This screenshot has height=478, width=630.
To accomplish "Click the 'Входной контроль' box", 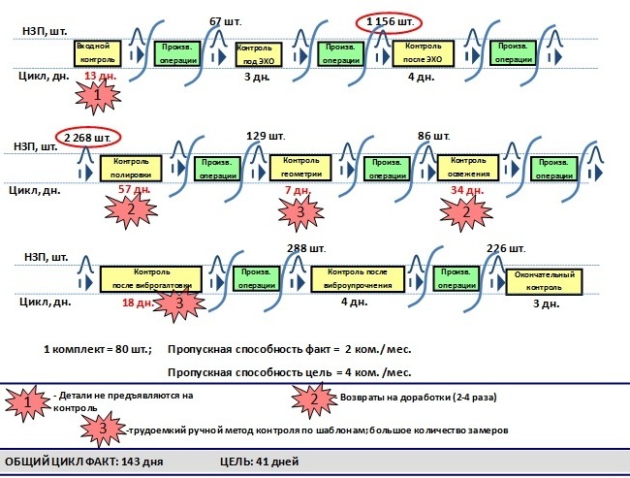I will [x=98, y=52].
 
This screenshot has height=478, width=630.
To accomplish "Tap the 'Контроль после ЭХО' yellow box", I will [x=423, y=52].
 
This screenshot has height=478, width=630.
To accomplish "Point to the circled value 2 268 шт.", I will [x=88, y=137].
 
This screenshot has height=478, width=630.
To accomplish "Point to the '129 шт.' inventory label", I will [x=264, y=135].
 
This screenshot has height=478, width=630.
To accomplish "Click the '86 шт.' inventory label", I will [x=434, y=135].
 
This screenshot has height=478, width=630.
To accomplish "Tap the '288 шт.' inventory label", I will [x=306, y=248].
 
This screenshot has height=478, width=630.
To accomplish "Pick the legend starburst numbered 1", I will [x=31, y=399].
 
